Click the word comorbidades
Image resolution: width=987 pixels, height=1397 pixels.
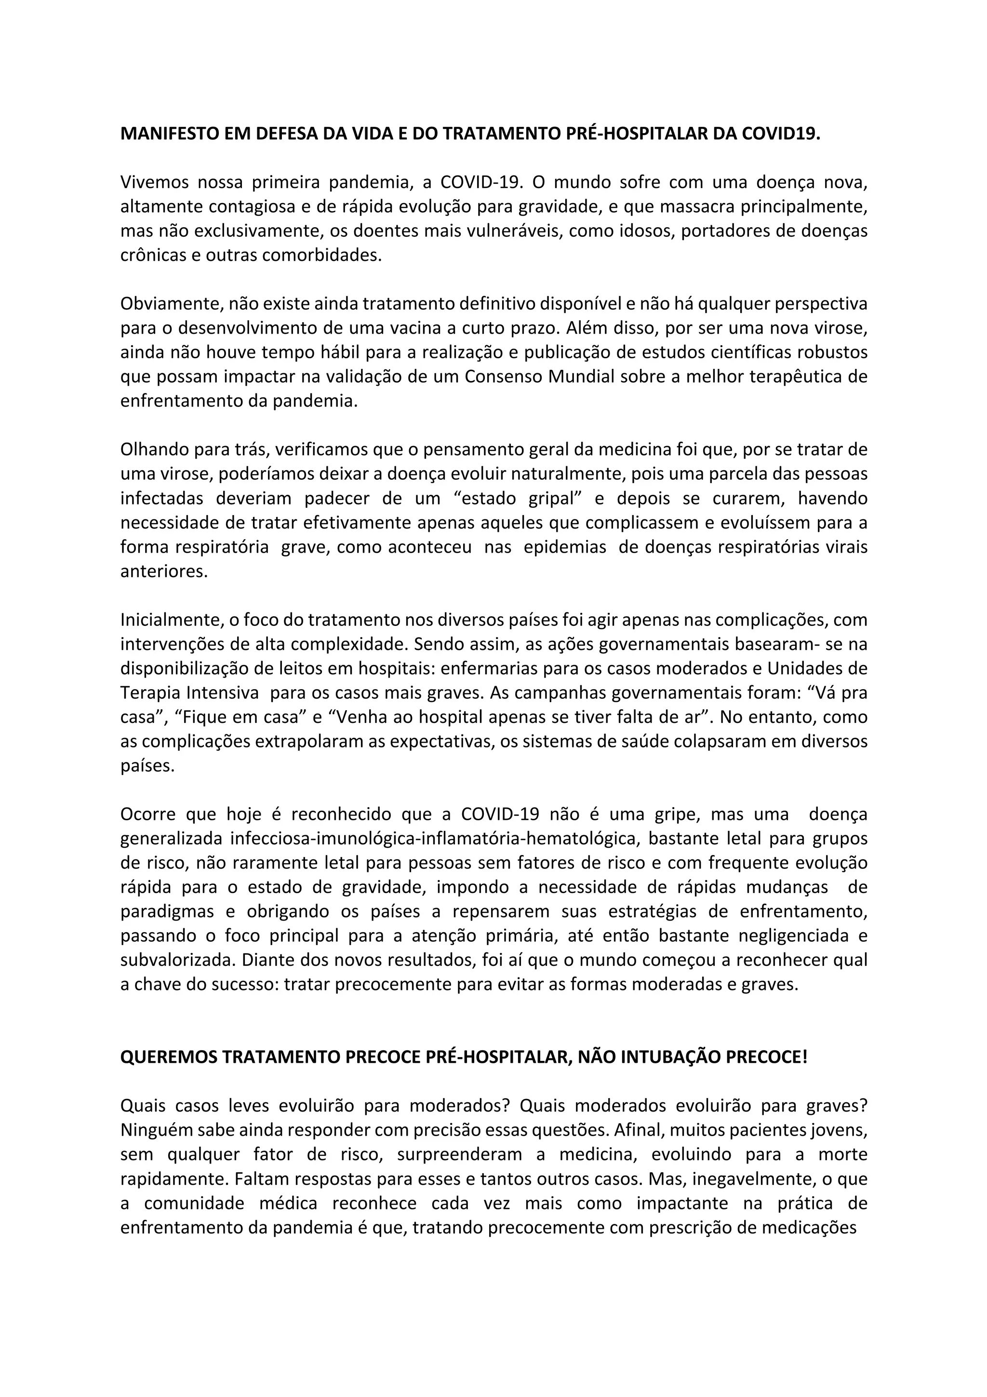(x=323, y=256)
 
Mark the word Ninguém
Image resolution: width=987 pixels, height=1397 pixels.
(x=155, y=1130)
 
